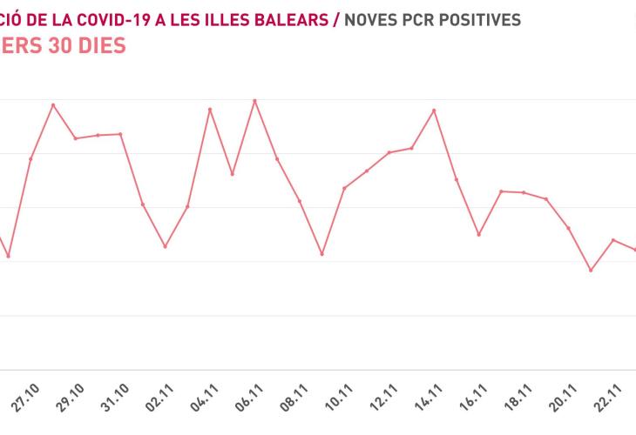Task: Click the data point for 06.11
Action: pyautogui.click(x=254, y=101)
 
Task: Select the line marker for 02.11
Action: pyautogui.click(x=165, y=246)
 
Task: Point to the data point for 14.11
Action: pyautogui.click(x=434, y=110)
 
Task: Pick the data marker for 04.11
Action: pyautogui.click(x=210, y=110)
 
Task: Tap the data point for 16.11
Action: pyautogui.click(x=478, y=235)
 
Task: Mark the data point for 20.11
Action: pyautogui.click(x=569, y=228)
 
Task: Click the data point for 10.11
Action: pyautogui.click(x=344, y=188)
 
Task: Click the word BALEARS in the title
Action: pyautogui.click(x=293, y=18)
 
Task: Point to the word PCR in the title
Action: pyautogui.click(x=410, y=18)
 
